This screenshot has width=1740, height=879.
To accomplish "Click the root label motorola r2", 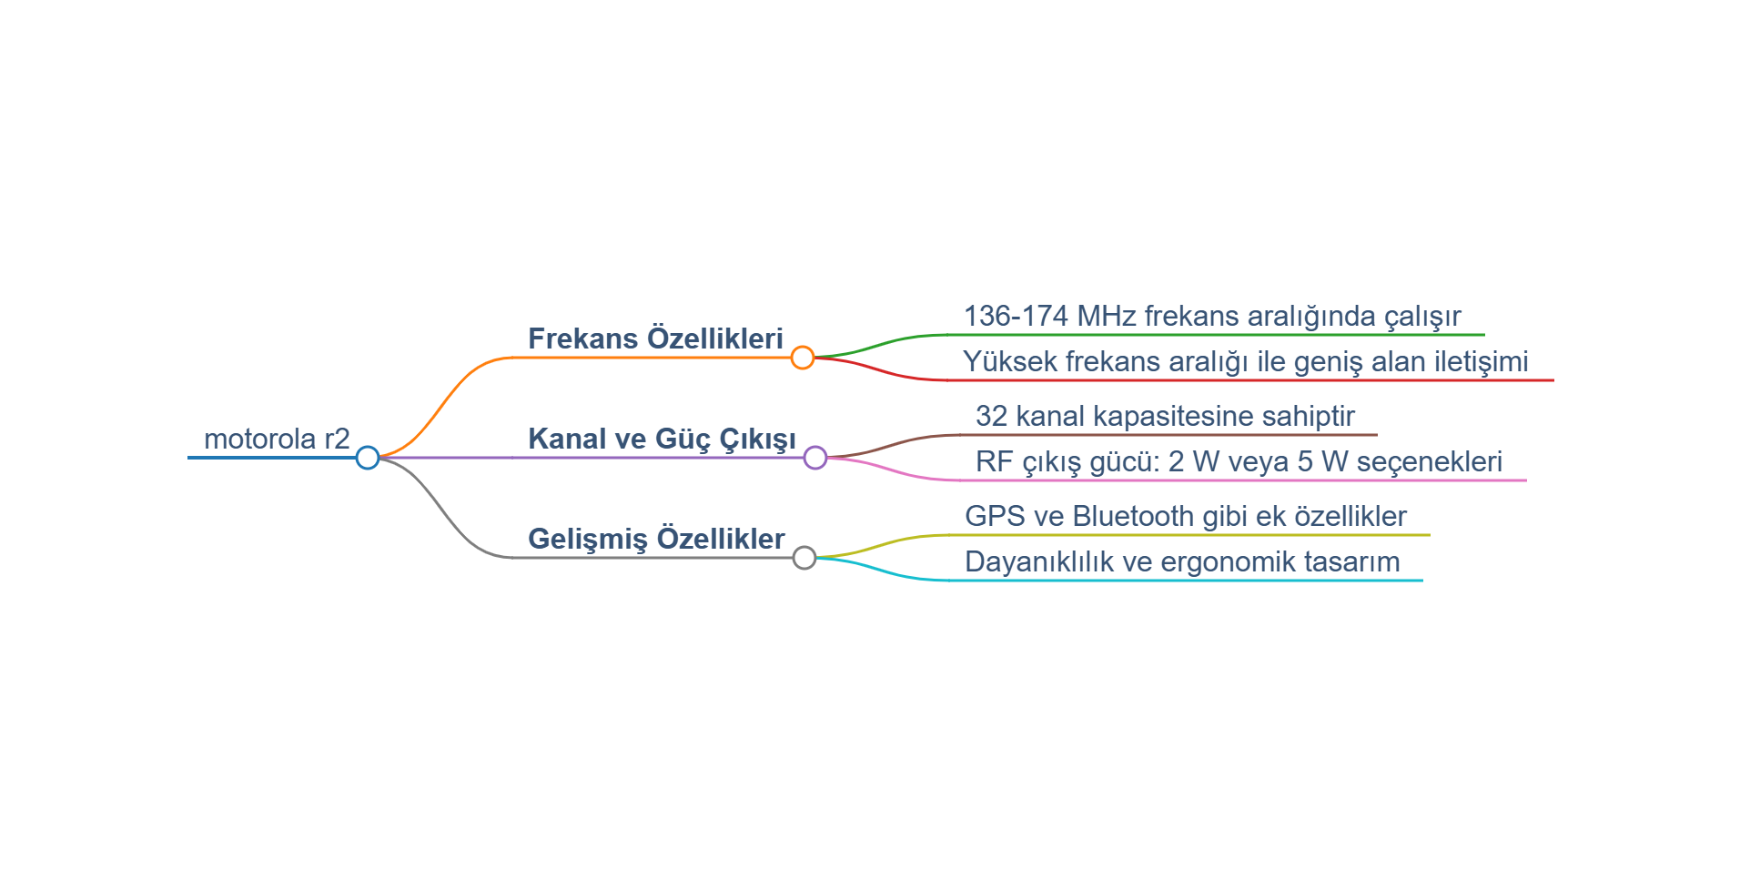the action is [277, 439].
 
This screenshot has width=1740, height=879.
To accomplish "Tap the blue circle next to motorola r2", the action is [368, 458].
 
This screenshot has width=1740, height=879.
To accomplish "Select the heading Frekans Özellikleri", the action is [655, 338].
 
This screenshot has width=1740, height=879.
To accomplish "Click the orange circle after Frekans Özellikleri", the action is [802, 358].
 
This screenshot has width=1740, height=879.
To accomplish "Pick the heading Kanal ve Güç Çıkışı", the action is [662, 439].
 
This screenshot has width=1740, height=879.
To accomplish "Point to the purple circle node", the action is [815, 458].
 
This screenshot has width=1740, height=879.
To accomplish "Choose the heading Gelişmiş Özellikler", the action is [656, 540].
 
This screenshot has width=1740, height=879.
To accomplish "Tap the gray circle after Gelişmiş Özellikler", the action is [804, 558].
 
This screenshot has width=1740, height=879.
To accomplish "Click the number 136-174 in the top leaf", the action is [1016, 316].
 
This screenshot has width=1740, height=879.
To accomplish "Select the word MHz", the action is [1107, 316].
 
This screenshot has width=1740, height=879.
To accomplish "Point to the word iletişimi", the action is [1482, 362].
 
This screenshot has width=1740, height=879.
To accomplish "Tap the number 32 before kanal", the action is [991, 416].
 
